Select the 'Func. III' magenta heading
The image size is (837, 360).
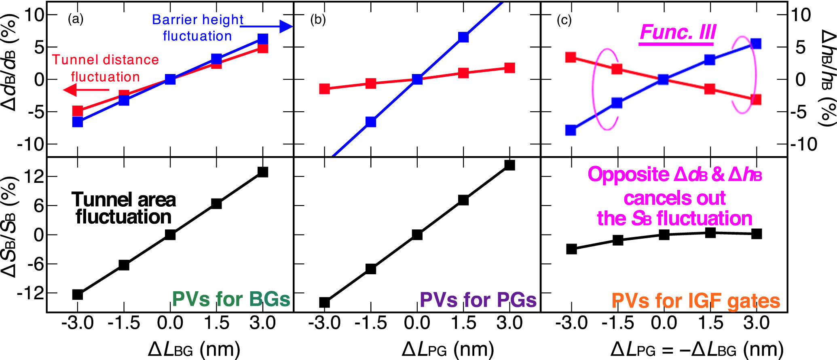pos(678,32)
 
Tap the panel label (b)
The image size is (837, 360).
pos(318,19)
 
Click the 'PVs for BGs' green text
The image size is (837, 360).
pos(231,299)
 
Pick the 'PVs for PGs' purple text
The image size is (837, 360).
pos(478,300)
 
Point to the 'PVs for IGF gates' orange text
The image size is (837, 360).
pos(695,301)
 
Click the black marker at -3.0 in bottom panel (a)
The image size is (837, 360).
pos(78,294)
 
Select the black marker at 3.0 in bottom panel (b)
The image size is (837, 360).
pos(510,165)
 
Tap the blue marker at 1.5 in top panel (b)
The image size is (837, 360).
pos(463,37)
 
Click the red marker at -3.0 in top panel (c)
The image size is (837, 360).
pos(571,57)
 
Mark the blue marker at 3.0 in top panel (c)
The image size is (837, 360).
pos(756,44)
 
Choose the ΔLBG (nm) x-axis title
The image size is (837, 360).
pos(194,349)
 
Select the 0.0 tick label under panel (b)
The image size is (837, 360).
pos(417,323)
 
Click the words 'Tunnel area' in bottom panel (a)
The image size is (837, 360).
pos(124,200)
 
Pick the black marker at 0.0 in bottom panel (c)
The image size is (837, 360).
pos(664,235)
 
